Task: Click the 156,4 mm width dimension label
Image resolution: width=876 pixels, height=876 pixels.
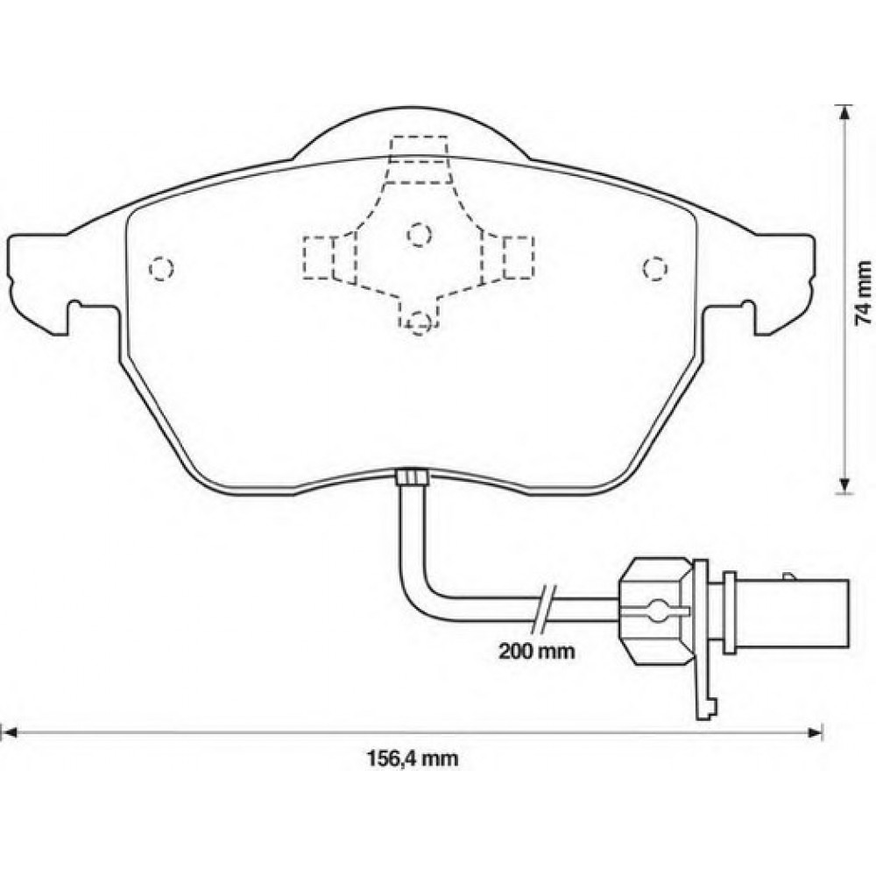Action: tap(411, 759)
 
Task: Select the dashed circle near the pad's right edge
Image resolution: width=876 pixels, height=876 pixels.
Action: tap(653, 268)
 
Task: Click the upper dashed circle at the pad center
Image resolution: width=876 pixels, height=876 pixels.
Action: tap(420, 233)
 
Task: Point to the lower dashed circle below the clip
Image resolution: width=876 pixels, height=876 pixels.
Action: tap(420, 321)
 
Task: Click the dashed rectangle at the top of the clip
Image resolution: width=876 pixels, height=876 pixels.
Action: tap(420, 150)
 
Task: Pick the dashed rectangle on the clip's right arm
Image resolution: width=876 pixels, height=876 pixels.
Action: tap(519, 257)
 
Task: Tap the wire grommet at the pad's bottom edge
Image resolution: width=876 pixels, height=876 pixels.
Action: tap(411, 477)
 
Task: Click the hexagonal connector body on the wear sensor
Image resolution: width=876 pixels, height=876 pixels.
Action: tap(654, 605)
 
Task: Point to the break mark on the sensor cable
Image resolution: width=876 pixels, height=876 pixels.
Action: tap(545, 604)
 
